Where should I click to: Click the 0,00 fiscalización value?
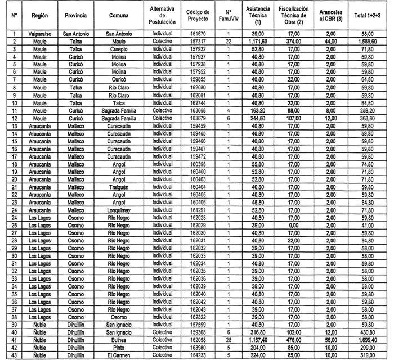(x=293, y=224)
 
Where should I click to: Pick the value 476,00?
(x=293, y=340)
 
